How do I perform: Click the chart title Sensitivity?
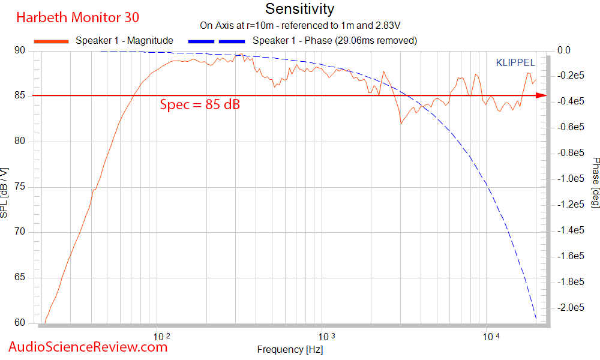pos(299,10)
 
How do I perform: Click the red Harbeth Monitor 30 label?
pos(77,17)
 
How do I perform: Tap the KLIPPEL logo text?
pos(515,62)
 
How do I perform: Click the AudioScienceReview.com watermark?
pos(88,346)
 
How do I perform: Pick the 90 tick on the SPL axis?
pos(20,51)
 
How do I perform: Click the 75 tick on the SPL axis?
pos(20,187)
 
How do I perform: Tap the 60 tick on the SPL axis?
pos(20,323)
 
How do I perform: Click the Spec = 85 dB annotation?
pos(200,104)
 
